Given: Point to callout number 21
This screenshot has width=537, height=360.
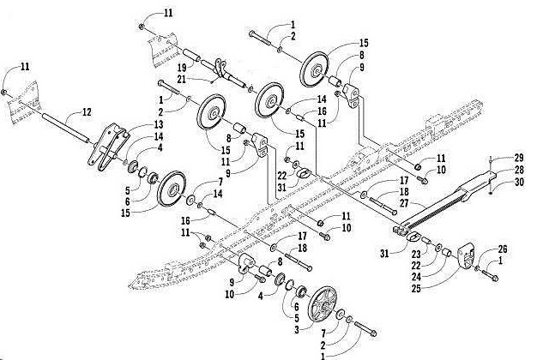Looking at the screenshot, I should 181,79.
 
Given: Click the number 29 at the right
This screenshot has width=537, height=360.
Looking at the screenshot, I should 520,158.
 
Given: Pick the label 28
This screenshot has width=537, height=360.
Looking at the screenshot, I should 520,170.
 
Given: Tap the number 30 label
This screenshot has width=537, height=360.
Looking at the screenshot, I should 520,182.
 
